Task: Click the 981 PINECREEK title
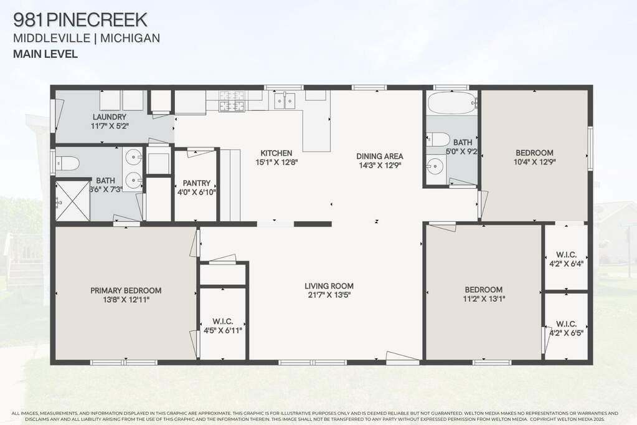[x=80, y=19]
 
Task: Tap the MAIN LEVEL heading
[x=45, y=54]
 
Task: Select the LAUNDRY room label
[x=110, y=117]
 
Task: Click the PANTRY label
[x=197, y=183]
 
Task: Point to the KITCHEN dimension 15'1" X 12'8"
[x=276, y=162]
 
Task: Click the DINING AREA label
[x=380, y=156]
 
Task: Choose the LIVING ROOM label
[x=329, y=286]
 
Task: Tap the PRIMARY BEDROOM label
[x=126, y=290]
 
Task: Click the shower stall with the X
[x=72, y=201]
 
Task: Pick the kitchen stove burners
[x=232, y=101]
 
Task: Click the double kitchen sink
[x=285, y=101]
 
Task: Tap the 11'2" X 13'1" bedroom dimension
[x=484, y=299]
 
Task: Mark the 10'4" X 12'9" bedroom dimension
[x=535, y=162]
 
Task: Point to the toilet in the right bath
[x=438, y=139]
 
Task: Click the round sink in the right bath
[x=436, y=166]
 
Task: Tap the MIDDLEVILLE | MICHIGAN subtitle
[x=87, y=38]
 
